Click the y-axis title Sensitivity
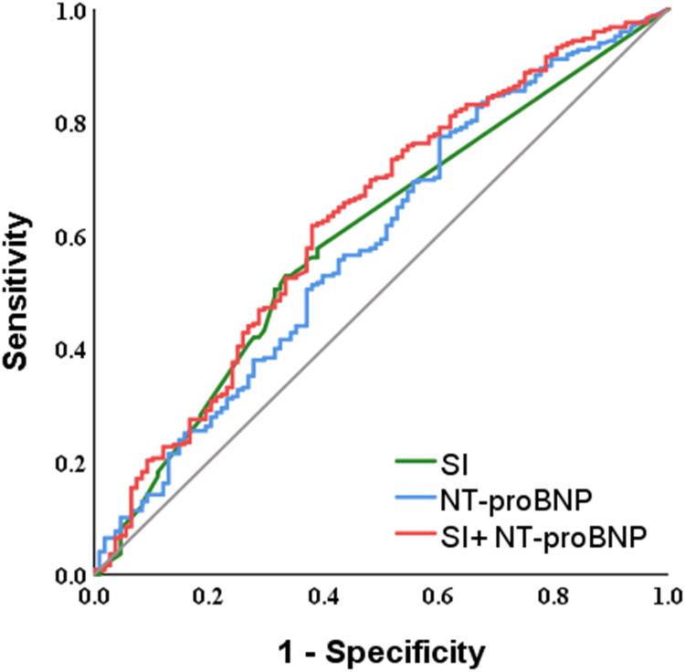click(20, 290)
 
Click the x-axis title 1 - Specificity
click(382, 652)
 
